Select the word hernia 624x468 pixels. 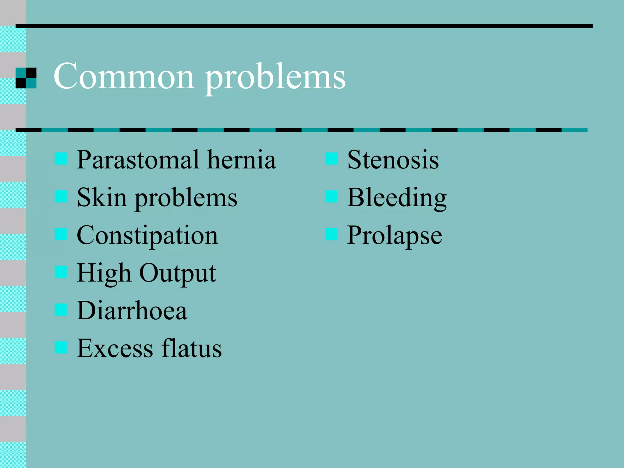(242, 160)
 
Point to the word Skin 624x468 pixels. (102, 197)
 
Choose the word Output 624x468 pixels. (178, 273)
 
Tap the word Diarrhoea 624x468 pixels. (132, 311)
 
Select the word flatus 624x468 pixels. (192, 348)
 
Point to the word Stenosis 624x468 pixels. (393, 160)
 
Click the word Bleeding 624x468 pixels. (397, 198)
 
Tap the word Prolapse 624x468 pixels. (395, 236)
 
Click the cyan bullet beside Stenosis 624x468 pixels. (331, 159)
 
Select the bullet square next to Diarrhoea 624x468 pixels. (61, 310)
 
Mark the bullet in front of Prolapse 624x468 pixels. (331, 234)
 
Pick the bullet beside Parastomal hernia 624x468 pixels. (61, 159)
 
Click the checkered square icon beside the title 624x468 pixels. (26, 78)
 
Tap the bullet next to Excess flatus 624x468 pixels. (61, 347)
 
